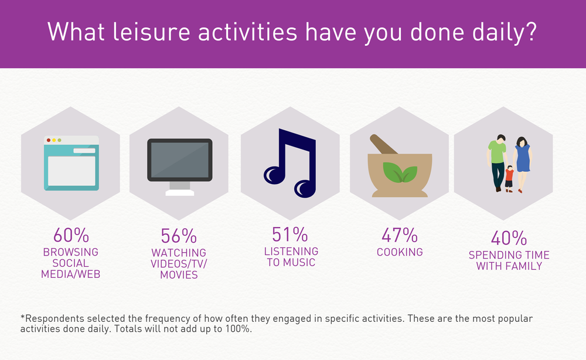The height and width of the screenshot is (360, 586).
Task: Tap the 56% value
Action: (179, 236)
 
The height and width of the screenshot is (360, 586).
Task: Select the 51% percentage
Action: (289, 234)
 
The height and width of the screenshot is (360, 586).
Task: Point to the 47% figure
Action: (399, 236)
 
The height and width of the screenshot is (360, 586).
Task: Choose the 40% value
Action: (509, 238)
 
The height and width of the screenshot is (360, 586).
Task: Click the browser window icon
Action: (71, 163)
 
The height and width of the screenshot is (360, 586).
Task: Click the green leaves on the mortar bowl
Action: (400, 171)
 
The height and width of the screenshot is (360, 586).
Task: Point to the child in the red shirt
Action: (509, 176)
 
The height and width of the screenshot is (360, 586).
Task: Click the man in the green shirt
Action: (497, 161)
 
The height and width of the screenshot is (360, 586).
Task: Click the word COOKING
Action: (399, 252)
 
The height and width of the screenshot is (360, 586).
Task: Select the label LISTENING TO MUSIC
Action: (289, 256)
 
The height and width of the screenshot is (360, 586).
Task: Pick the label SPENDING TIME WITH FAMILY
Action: (509, 260)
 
